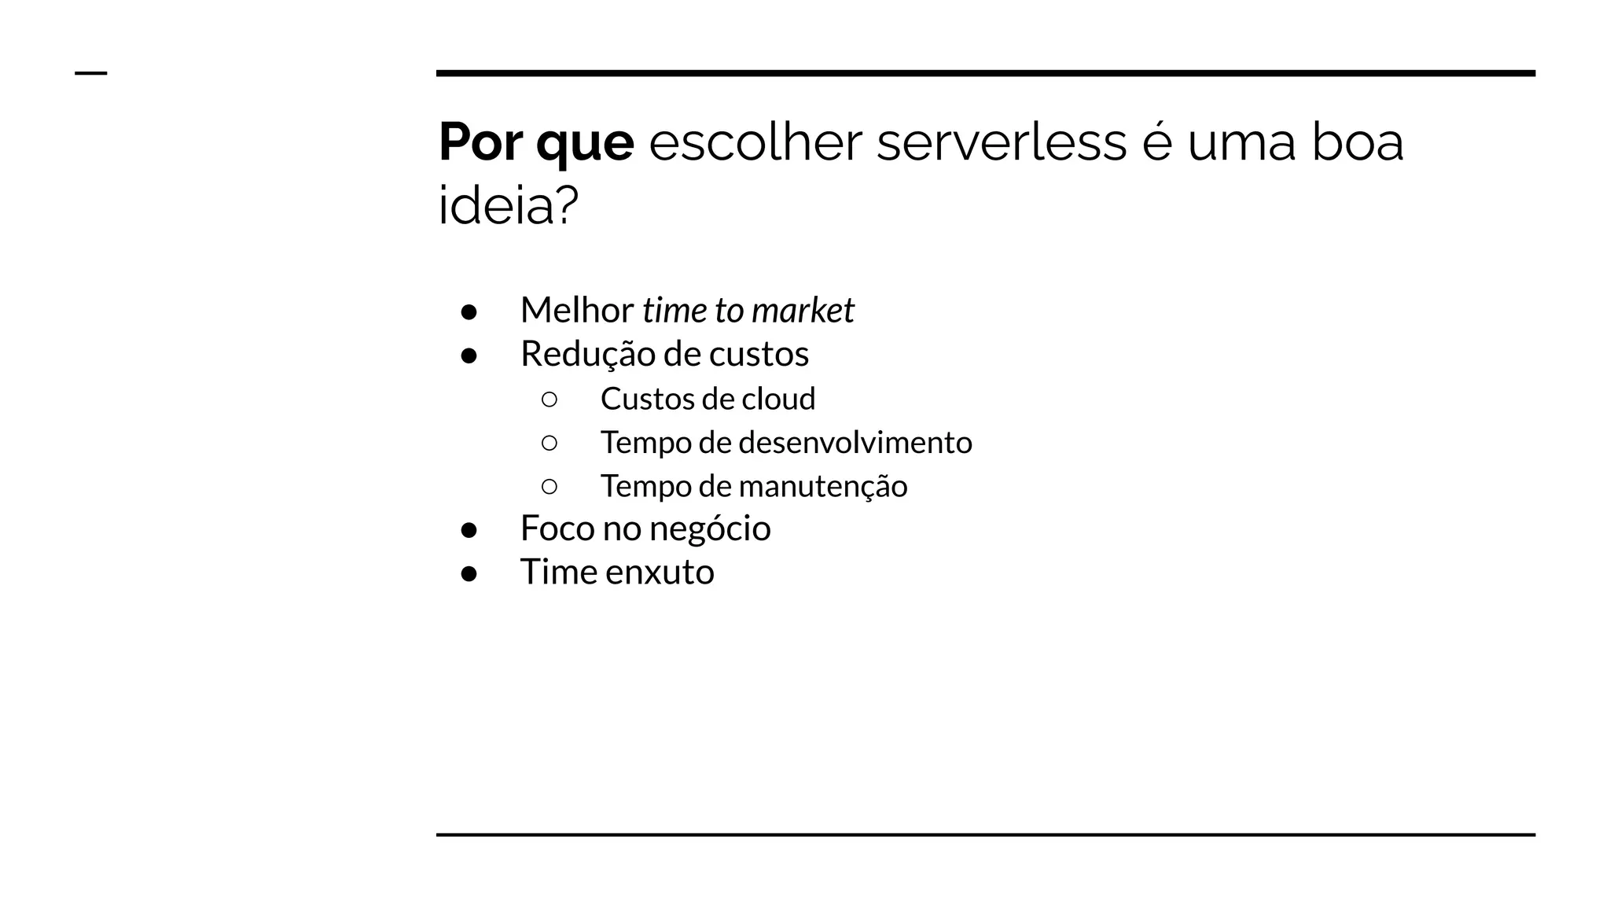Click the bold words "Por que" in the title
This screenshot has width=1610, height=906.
(536, 143)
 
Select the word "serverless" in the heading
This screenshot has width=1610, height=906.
(1001, 143)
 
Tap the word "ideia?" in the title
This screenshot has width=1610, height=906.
(508, 206)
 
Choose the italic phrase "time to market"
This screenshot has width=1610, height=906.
(748, 311)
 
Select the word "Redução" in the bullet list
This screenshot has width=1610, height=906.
(586, 355)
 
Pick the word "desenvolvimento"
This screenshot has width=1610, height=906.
(855, 442)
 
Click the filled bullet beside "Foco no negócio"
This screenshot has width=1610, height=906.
(469, 530)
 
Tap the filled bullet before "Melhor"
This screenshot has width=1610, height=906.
(469, 312)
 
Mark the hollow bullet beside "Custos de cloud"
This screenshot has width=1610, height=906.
(550, 400)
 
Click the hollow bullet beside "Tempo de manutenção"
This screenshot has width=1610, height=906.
(550, 487)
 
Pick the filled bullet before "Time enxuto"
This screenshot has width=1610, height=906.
(469, 573)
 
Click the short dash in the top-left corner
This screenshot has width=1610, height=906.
(90, 73)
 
